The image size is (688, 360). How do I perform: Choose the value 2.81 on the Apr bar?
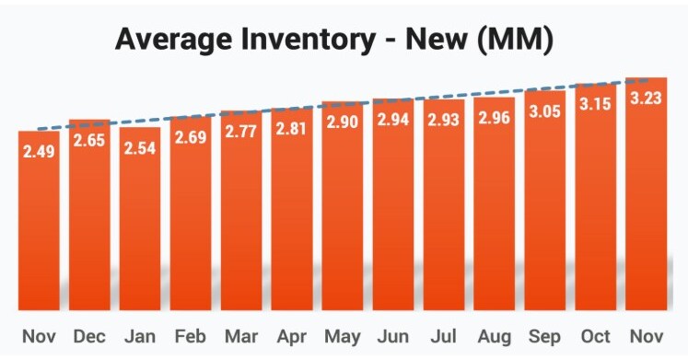(292, 128)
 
